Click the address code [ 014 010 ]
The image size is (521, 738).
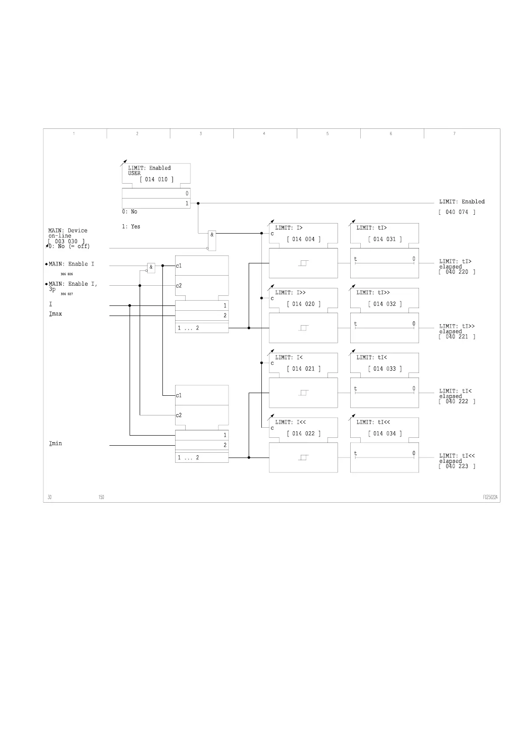156,180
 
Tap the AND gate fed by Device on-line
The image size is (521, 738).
212,240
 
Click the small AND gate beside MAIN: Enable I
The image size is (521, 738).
151,267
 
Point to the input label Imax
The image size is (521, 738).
56,314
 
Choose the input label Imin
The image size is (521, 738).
56,444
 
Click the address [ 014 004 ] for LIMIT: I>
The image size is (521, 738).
303,239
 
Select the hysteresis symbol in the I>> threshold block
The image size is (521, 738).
303,328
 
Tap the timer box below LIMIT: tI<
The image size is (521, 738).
384,393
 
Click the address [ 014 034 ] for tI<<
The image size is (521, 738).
384,434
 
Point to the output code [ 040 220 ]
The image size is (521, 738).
457,272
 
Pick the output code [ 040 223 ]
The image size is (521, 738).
457,466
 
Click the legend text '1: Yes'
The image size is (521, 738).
131,227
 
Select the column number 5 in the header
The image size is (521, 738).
327,134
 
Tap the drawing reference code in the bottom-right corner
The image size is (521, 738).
490,497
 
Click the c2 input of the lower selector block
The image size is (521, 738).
179,415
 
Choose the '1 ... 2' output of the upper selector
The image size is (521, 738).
188,328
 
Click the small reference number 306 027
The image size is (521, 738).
67,294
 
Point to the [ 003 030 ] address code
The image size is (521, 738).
66,241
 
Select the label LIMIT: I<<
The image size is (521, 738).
290,422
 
